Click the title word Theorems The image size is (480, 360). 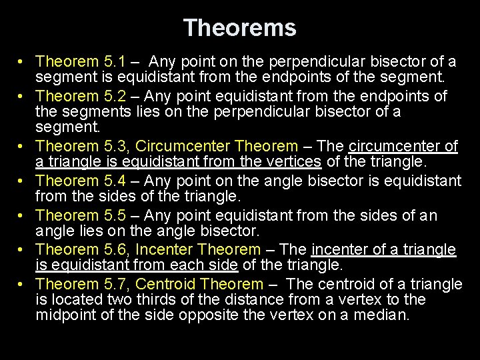pyautogui.click(x=240, y=28)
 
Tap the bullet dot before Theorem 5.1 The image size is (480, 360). pyautogui.click(x=22, y=62)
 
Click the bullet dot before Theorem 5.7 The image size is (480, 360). pyautogui.click(x=22, y=285)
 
